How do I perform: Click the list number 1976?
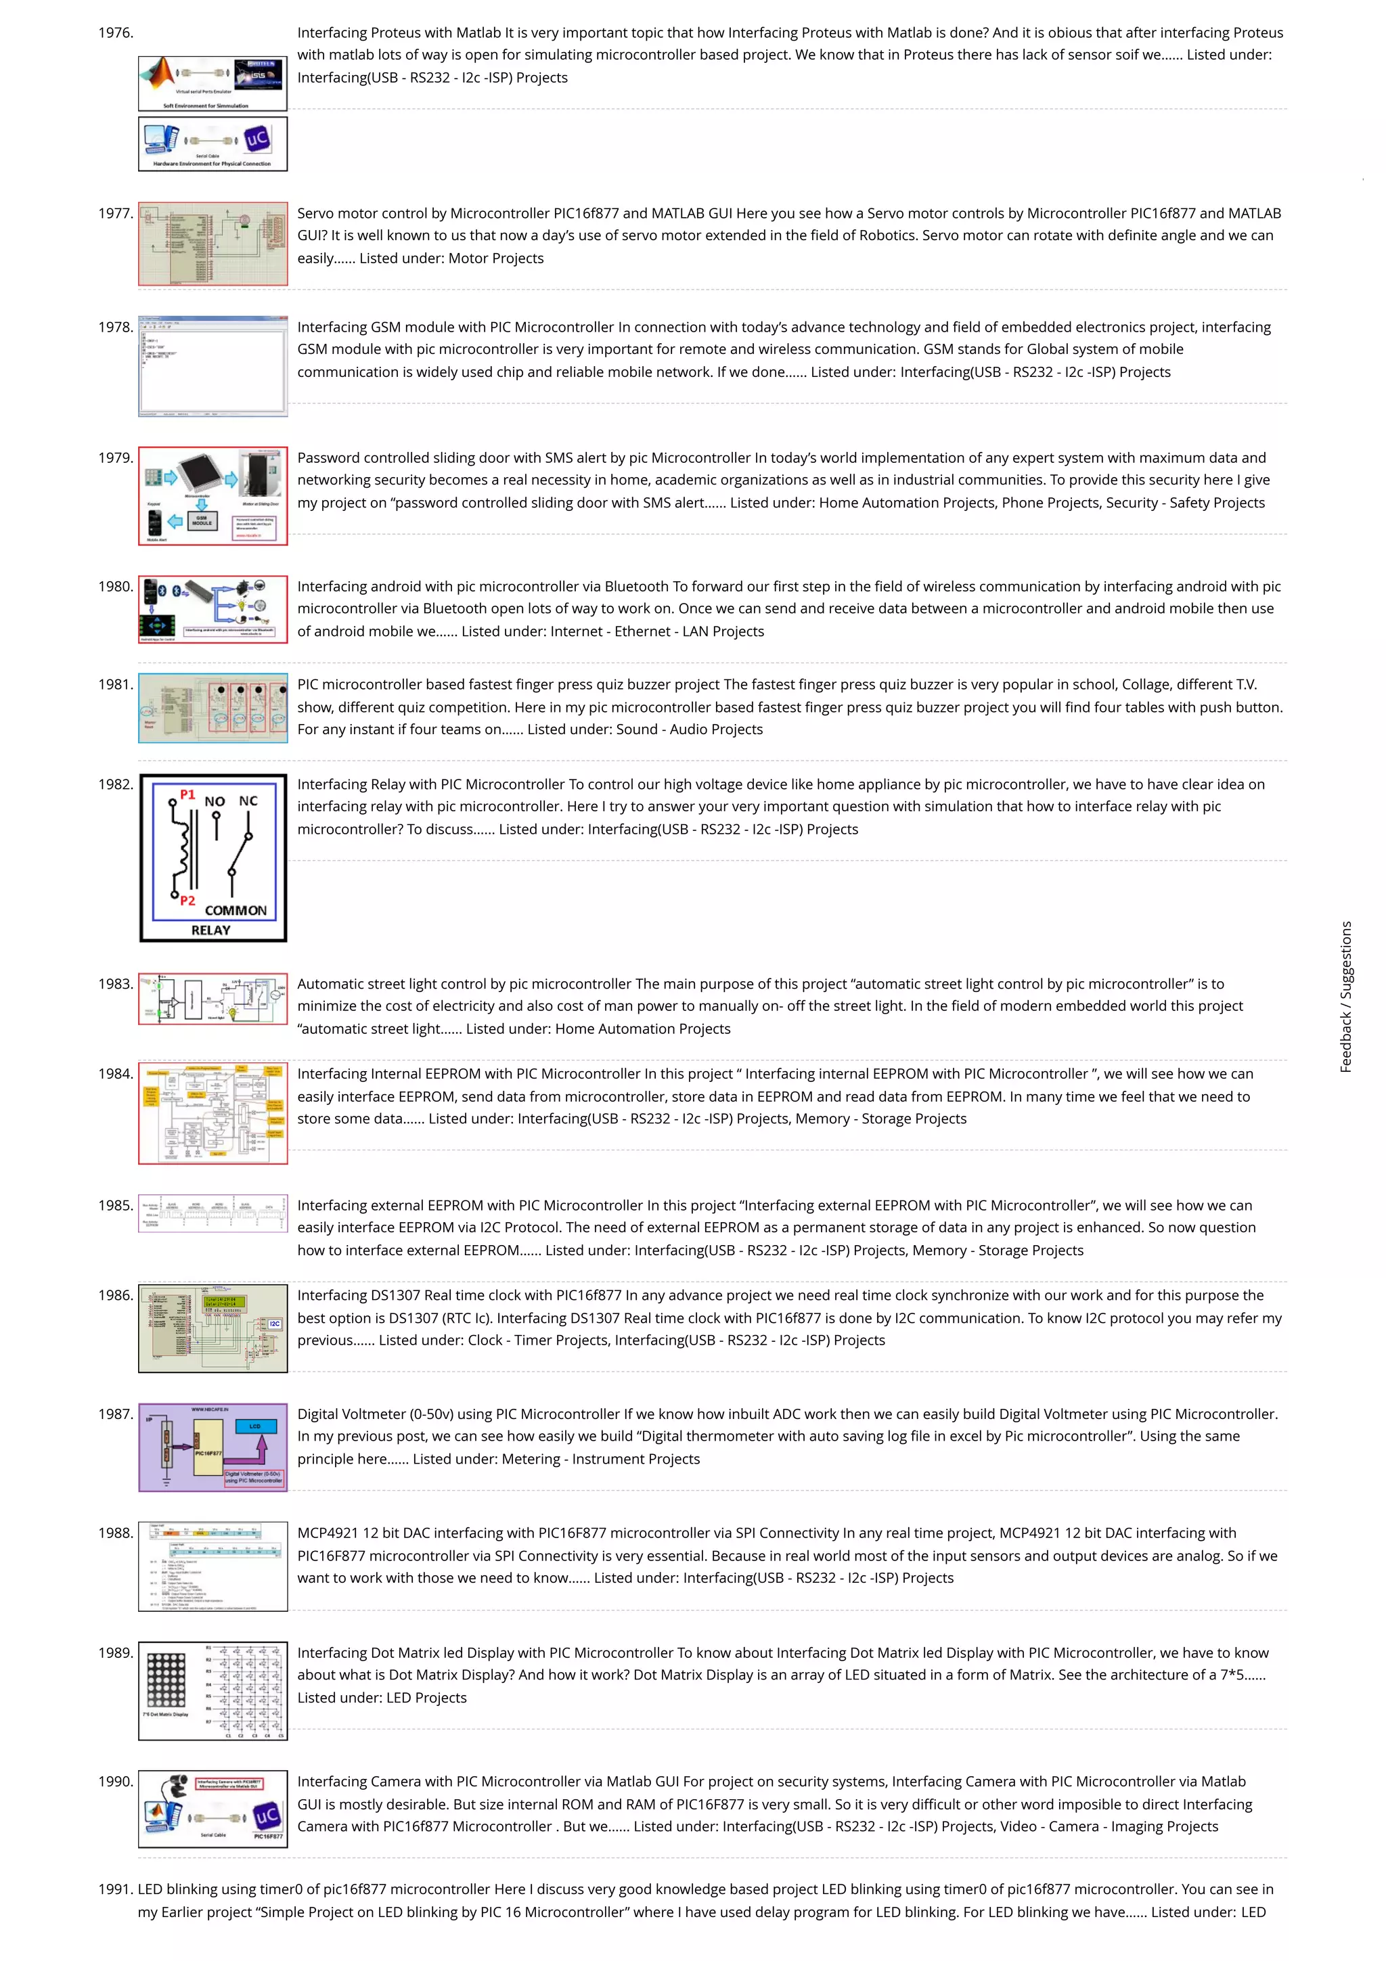115,32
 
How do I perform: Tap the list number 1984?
115,1074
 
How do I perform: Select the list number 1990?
115,1782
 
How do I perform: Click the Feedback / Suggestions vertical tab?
1346,996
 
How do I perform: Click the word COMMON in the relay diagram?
236,911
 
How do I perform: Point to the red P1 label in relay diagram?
187,794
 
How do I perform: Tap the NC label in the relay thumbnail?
248,801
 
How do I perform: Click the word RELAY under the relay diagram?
211,930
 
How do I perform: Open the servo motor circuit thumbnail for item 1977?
213,244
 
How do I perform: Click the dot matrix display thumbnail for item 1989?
213,1690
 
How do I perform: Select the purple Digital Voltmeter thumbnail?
213,1447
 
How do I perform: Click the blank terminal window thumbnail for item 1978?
213,366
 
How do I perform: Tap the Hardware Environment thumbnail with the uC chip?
213,143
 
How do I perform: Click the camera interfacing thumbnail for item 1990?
213,1809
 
